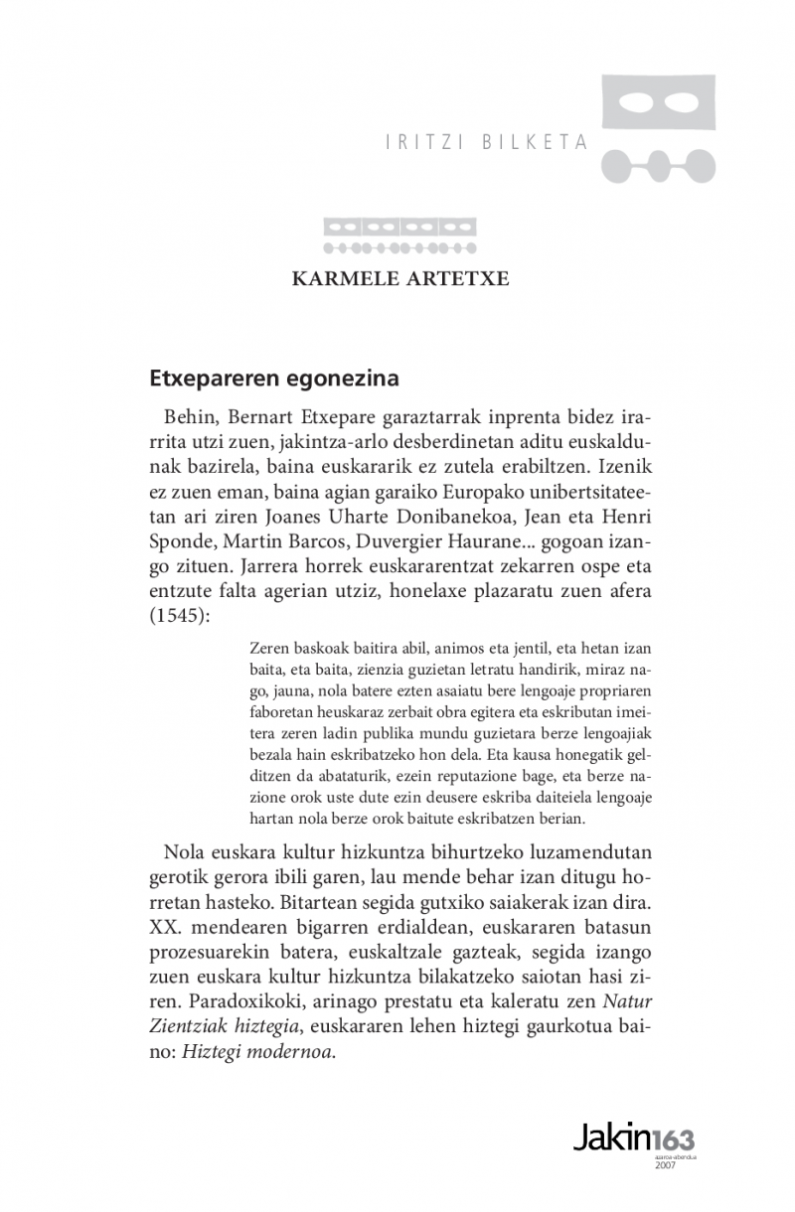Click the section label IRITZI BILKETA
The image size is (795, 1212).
(486, 142)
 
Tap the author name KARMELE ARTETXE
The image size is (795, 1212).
(399, 278)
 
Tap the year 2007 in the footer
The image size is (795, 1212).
(666, 1165)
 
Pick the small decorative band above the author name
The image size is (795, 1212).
(399, 234)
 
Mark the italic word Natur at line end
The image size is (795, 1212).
(628, 1003)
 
